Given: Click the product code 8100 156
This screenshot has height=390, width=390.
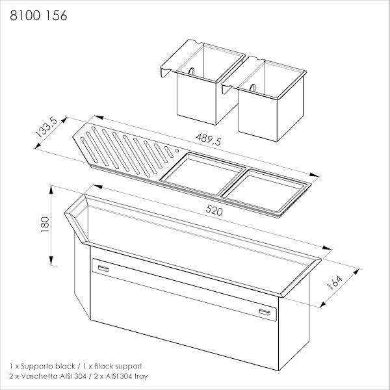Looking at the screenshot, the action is [x=38, y=16].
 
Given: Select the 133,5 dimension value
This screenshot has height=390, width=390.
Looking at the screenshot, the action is [x=47, y=127].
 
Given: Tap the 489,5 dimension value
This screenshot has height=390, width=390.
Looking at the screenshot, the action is [x=209, y=139].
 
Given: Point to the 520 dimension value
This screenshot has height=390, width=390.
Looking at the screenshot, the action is [x=214, y=211].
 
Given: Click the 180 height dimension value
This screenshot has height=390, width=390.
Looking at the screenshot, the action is [x=45, y=225].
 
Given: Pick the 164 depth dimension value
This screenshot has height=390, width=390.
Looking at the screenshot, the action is [x=334, y=283].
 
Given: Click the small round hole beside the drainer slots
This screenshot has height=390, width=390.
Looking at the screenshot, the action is [x=177, y=151].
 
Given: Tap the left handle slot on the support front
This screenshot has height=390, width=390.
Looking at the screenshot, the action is [x=103, y=268].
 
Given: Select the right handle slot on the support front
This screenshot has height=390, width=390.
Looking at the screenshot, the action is [x=265, y=312].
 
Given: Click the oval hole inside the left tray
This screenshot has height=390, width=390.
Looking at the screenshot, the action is [x=191, y=71].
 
